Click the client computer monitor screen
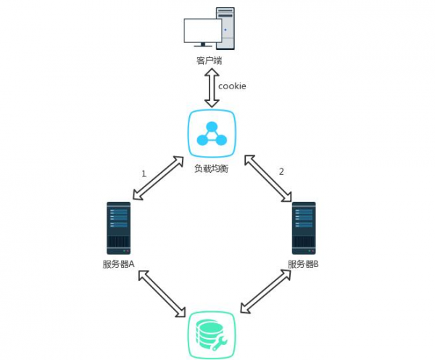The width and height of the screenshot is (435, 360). click(x=203, y=31)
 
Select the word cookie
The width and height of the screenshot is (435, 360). click(x=233, y=86)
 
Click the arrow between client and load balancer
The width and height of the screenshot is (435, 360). click(x=212, y=87)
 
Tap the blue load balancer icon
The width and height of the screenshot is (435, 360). click(x=212, y=133)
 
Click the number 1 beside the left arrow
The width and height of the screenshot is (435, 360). click(x=144, y=174)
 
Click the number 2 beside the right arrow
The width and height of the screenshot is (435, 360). click(x=281, y=172)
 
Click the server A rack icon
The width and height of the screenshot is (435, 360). click(x=118, y=227)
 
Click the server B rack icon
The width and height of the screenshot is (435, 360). click(x=304, y=227)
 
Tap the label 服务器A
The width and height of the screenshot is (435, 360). click(x=119, y=264)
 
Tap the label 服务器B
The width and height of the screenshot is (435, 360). click(x=303, y=264)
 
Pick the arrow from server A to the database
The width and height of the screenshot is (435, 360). click(x=160, y=293)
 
